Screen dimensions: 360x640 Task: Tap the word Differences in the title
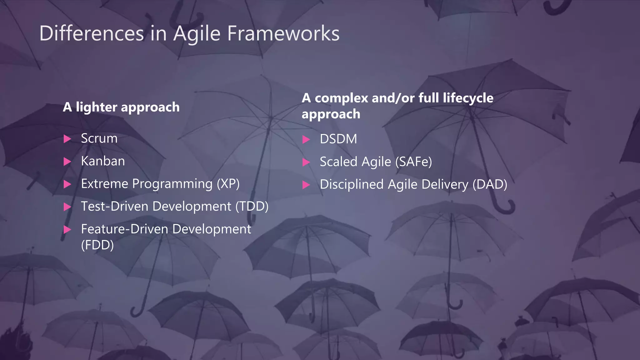pyautogui.click(x=92, y=33)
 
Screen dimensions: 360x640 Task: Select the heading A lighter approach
pyautogui.click(x=121, y=107)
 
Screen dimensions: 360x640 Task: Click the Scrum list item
pyautogui.click(x=99, y=138)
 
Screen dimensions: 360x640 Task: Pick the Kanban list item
pyautogui.click(x=103, y=161)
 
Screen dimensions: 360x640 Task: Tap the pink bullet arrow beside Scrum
pyautogui.click(x=67, y=139)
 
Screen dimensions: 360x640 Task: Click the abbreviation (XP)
pyautogui.click(x=228, y=184)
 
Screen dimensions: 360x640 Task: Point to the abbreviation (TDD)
pyautogui.click(x=252, y=207)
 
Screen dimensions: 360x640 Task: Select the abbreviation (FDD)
pyautogui.click(x=97, y=245)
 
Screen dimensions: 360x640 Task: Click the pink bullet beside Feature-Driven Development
pyautogui.click(x=67, y=230)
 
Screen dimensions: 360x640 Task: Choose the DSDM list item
pyautogui.click(x=338, y=139)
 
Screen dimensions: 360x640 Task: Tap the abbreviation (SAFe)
pyautogui.click(x=413, y=162)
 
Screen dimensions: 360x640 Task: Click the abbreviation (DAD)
pyautogui.click(x=490, y=184)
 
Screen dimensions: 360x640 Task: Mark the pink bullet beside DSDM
pyautogui.click(x=306, y=139)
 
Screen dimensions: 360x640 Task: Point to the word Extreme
pyautogui.click(x=104, y=184)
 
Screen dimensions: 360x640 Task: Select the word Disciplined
pyautogui.click(x=352, y=184)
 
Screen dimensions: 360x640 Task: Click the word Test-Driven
pyautogui.click(x=114, y=207)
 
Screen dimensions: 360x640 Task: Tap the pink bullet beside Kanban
pyautogui.click(x=67, y=162)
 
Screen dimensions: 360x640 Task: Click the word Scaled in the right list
pyautogui.click(x=338, y=162)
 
